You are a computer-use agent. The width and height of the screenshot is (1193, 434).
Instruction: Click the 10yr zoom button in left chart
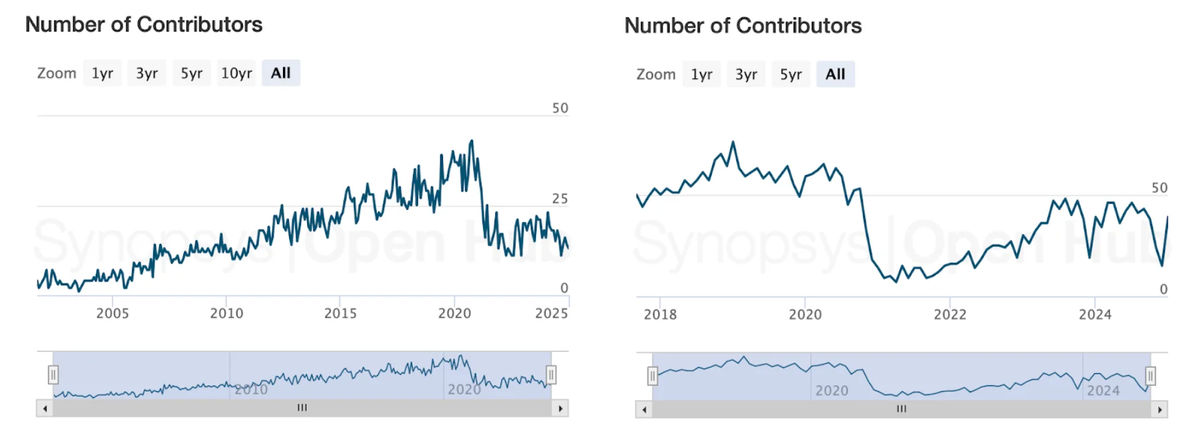pos(236,73)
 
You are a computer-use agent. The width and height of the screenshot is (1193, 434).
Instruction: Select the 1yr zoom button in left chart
pos(102,73)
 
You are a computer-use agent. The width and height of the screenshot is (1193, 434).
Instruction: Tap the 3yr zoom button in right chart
pos(746,74)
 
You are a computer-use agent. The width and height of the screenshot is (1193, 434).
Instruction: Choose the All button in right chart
pos(835,74)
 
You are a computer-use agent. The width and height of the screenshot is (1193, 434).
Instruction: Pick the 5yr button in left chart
pos(191,73)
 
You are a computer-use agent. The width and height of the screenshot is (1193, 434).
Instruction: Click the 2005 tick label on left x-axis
pos(112,313)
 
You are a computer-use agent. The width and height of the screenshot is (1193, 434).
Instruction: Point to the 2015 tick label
pos(340,313)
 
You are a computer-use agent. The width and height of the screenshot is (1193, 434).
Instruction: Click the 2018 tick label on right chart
pos(660,314)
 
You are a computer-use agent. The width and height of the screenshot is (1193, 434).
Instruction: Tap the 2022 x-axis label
pos(949,314)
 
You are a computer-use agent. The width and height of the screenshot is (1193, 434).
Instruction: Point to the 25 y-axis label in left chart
pos(559,199)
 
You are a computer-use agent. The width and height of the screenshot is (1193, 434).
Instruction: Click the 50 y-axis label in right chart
pos(1159,188)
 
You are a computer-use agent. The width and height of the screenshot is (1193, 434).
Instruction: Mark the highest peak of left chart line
pos(472,141)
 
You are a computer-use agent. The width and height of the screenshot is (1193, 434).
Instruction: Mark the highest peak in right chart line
pos(733,142)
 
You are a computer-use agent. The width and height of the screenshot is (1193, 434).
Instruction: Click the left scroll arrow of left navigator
pos(45,408)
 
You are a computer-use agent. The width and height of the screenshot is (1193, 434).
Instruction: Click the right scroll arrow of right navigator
pos(1160,409)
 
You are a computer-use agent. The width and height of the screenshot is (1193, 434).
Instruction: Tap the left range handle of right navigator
pos(652,376)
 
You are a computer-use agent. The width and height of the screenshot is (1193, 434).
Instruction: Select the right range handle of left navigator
pos(551,374)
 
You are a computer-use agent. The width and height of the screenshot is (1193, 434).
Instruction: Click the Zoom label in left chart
pos(56,73)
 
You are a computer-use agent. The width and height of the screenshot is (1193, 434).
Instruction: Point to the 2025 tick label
pos(551,313)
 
